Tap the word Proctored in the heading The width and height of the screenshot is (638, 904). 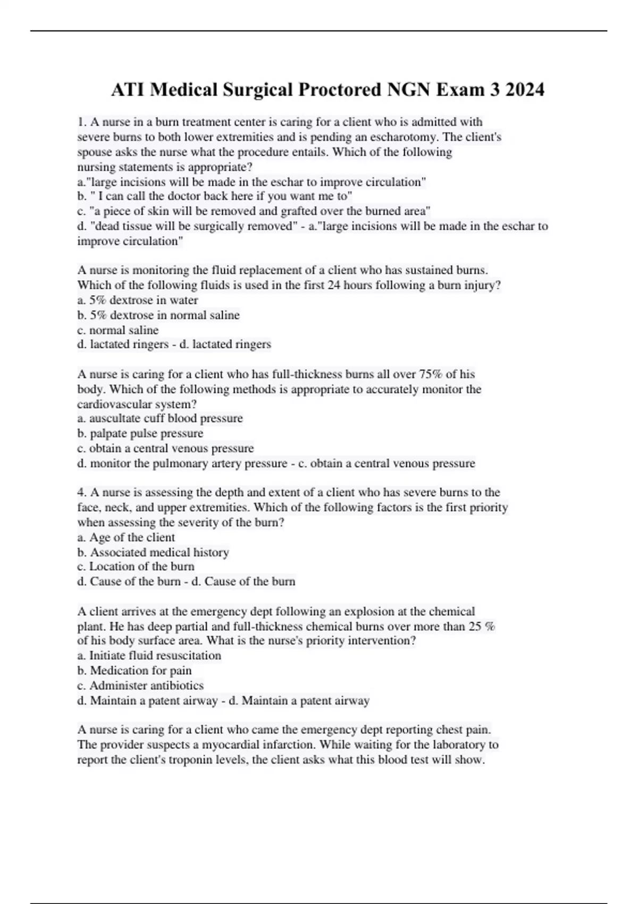[x=338, y=90]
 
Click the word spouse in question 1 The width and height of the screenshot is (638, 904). [x=94, y=152]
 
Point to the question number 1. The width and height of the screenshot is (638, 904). [x=81, y=122]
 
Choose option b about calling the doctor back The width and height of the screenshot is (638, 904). [x=214, y=196]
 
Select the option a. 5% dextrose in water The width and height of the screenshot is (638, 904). [x=138, y=300]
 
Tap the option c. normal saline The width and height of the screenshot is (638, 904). [x=118, y=330]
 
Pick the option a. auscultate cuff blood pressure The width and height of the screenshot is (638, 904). [x=160, y=418]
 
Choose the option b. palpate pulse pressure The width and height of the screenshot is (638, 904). [x=140, y=433]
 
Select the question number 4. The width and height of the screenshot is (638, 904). [x=81, y=492]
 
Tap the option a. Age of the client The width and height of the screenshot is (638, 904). [x=126, y=537]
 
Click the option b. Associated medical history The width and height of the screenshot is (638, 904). [x=153, y=553]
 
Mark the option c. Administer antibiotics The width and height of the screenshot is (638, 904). [x=140, y=685]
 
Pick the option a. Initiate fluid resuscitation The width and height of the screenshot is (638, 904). [x=149, y=656]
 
